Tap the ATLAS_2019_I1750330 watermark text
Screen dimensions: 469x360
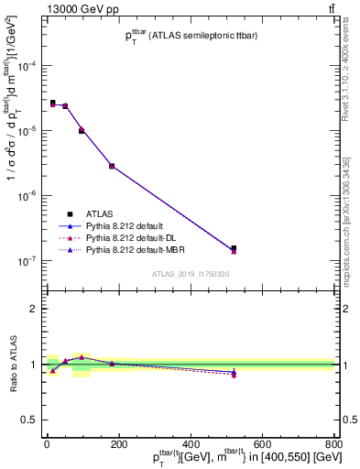click(191, 274)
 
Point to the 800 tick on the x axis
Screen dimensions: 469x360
click(333, 444)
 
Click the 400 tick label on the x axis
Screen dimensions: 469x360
click(190, 444)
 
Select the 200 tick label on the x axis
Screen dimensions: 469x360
click(118, 444)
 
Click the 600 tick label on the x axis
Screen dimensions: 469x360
click(261, 444)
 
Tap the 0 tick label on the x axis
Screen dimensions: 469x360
click(47, 444)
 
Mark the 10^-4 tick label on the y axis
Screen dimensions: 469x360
click(27, 66)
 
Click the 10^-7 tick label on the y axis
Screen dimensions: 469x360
click(27, 261)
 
